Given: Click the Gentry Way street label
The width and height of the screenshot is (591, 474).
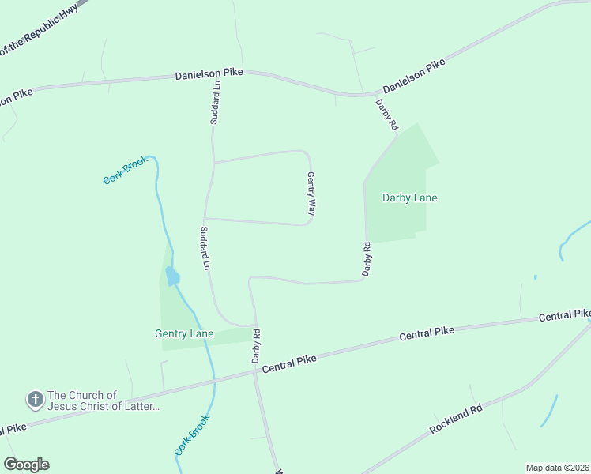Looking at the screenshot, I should click(x=311, y=194).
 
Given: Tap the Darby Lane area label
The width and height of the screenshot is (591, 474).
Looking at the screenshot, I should click(x=409, y=197).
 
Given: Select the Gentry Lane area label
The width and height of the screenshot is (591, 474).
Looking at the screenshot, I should click(x=184, y=334).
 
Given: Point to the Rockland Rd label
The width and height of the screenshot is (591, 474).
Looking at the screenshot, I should click(x=456, y=419).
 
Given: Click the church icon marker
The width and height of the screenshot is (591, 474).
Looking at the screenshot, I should click(x=35, y=401).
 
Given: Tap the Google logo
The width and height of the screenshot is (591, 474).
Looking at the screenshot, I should click(x=26, y=465).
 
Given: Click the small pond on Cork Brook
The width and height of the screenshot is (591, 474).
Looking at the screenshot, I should click(x=171, y=276).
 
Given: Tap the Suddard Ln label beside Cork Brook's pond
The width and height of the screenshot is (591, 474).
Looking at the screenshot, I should click(x=204, y=249).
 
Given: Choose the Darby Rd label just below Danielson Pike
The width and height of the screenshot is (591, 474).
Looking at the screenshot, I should click(x=386, y=115).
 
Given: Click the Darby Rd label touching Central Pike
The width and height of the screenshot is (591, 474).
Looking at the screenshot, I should click(x=256, y=346).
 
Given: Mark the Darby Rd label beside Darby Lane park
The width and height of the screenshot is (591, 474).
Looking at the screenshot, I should click(x=367, y=259).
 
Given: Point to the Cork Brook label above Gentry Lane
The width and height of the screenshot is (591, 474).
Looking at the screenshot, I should click(x=126, y=170).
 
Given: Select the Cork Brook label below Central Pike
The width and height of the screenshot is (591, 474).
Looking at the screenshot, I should click(x=192, y=434).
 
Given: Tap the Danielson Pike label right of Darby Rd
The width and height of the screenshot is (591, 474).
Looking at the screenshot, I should click(x=414, y=77).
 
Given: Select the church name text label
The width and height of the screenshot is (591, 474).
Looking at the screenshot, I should click(x=104, y=401).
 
